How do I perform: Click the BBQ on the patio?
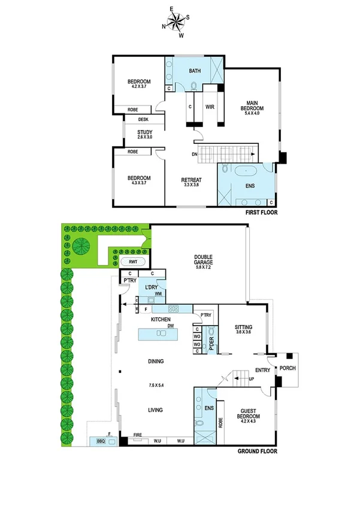(x=101, y=441)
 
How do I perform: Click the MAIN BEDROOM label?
(x=252, y=106)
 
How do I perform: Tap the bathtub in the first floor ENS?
(x=246, y=171)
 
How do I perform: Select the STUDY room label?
(x=144, y=132)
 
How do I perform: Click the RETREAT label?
(x=192, y=180)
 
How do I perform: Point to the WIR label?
(x=210, y=107)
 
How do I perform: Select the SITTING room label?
(x=245, y=327)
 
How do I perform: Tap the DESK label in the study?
(x=144, y=119)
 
